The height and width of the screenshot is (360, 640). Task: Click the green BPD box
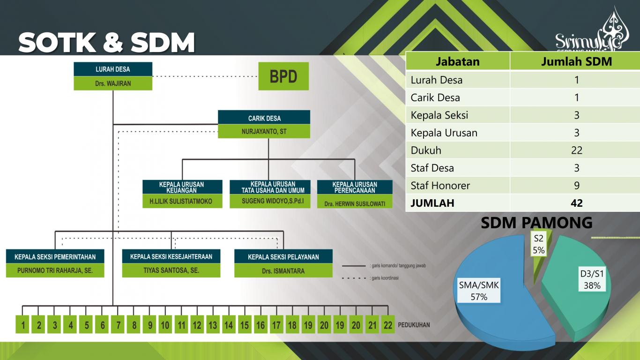283,76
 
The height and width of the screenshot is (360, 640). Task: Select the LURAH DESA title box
113,69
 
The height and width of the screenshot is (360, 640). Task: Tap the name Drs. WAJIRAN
113,83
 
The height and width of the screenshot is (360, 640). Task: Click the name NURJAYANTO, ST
264,132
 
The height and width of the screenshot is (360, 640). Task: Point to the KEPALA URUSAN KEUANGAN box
182,187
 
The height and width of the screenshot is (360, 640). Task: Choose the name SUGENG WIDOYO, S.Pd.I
269,201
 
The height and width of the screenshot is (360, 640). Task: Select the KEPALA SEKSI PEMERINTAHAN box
55,256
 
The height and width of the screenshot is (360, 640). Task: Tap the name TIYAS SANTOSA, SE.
171,270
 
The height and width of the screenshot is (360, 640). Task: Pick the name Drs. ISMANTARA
283,270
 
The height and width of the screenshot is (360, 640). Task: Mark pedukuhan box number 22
387,324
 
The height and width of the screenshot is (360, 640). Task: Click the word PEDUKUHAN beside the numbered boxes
414,324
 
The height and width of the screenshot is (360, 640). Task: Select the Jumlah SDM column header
576,61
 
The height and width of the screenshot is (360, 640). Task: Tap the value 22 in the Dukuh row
576,150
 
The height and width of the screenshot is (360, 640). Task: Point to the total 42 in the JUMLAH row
576,203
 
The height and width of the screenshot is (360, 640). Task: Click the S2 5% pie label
539,244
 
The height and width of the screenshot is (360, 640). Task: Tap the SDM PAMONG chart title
536,223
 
